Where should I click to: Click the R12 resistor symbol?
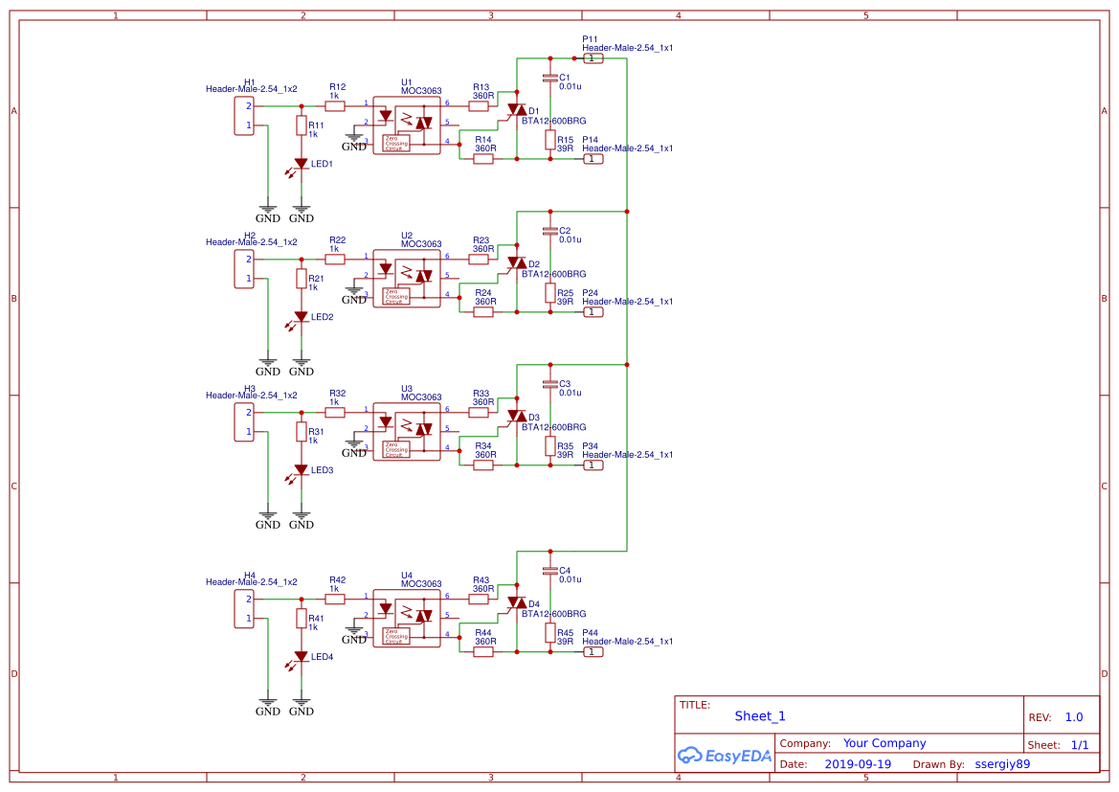pyautogui.click(x=335, y=106)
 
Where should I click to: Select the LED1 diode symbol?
pyautogui.click(x=302, y=164)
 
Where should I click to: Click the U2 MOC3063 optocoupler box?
pyautogui.click(x=407, y=279)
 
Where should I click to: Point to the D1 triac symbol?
pyautogui.click(x=516, y=111)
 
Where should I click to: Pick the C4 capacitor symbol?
pyautogui.click(x=549, y=571)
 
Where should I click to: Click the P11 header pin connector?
pyautogui.click(x=593, y=58)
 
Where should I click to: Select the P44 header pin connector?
pyautogui.click(x=593, y=652)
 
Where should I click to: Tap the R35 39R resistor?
pyautogui.click(x=550, y=446)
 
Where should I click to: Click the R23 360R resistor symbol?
pyautogui.click(x=479, y=260)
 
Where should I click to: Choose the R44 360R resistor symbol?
pyautogui.click(x=483, y=652)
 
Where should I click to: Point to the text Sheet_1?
pyautogui.click(x=760, y=715)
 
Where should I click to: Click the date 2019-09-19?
pyautogui.click(x=858, y=764)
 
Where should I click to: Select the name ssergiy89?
pyautogui.click(x=1002, y=764)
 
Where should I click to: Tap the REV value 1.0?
pyautogui.click(x=1074, y=717)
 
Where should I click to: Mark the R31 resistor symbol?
pyautogui.click(x=302, y=432)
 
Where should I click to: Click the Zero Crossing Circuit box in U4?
pyautogui.click(x=394, y=637)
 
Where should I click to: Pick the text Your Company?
pyautogui.click(x=884, y=743)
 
